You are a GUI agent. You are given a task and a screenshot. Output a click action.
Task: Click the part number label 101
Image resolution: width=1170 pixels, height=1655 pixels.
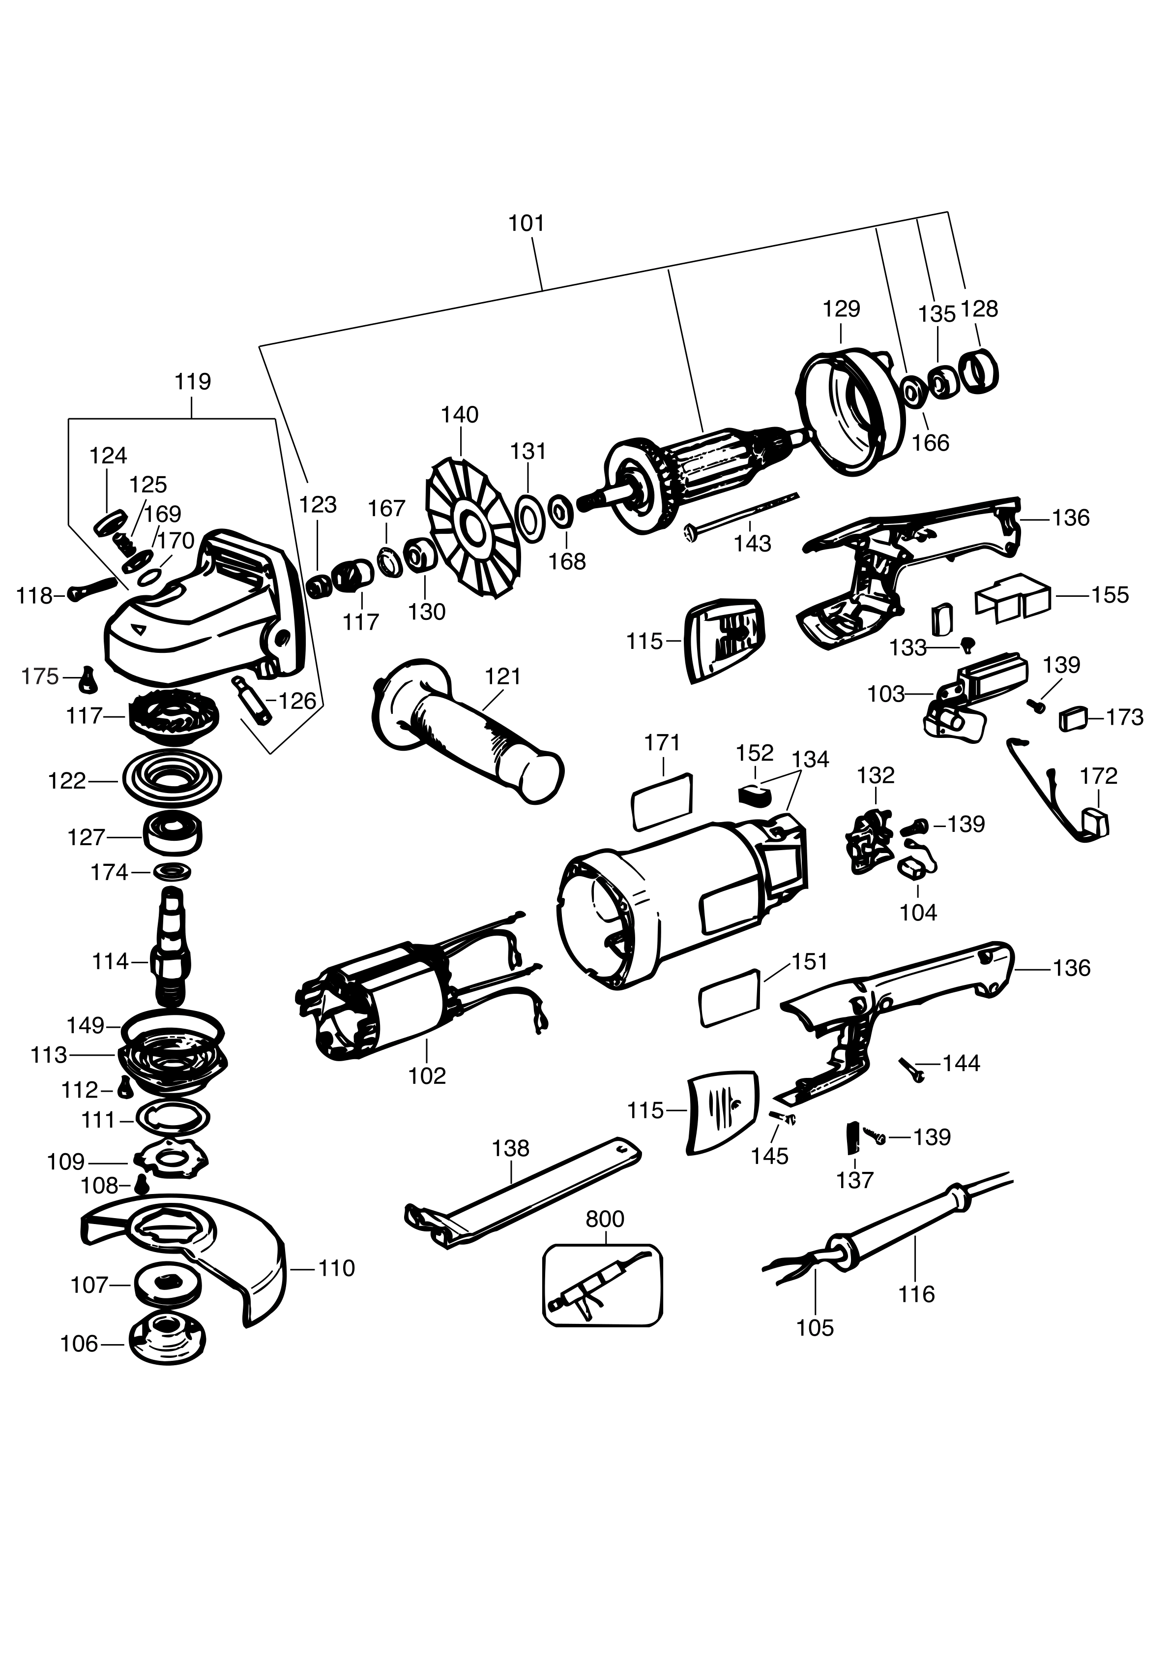526,223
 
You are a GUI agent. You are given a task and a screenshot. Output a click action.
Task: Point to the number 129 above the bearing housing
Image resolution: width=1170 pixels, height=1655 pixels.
841,308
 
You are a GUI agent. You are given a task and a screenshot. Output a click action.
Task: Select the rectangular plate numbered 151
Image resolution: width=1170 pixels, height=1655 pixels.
729,998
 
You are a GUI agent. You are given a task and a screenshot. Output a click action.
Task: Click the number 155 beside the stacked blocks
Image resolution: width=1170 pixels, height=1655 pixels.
1110,595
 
